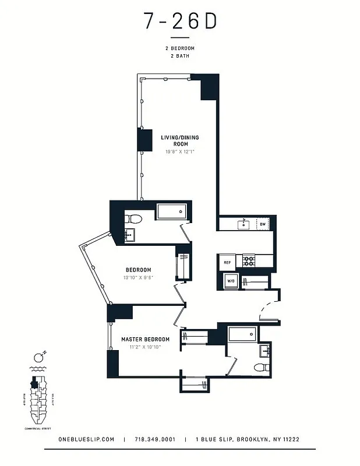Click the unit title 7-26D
pyautogui.click(x=180, y=22)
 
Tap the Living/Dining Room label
pyautogui.click(x=179, y=140)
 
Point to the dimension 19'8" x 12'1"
pyautogui.click(x=179, y=152)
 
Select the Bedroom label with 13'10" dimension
pyautogui.click(x=139, y=270)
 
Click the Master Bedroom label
pyautogui.click(x=145, y=339)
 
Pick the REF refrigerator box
pyautogui.click(x=227, y=263)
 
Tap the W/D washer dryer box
pyautogui.click(x=230, y=281)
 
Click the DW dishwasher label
pyautogui.click(x=263, y=224)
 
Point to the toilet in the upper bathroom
pyautogui.click(x=134, y=219)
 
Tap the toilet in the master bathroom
pyautogui.click(x=261, y=368)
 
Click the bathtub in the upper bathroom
pyautogui.click(x=172, y=211)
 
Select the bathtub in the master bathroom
pyautogui.click(x=242, y=334)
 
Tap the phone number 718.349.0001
pyautogui.click(x=154, y=440)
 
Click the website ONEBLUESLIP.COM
pyautogui.click(x=87, y=440)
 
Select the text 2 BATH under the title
pyautogui.click(x=179, y=57)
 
